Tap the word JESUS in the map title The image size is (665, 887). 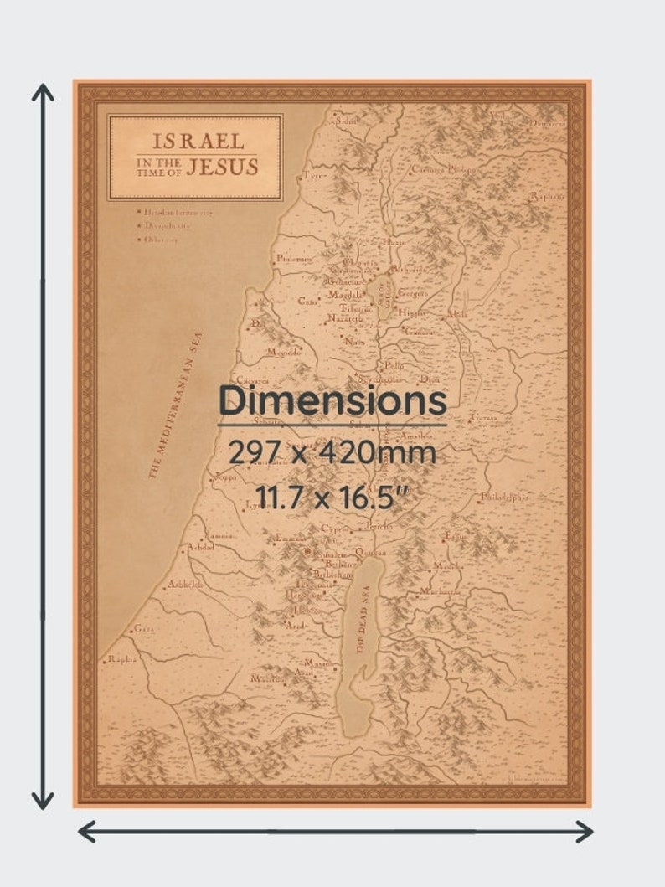(222, 167)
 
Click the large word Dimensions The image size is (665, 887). (332, 401)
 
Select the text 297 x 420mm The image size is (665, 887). (332, 453)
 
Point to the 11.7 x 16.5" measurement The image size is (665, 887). (332, 498)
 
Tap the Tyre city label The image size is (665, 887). (312, 176)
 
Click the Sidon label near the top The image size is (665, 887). (346, 121)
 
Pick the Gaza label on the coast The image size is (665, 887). (144, 627)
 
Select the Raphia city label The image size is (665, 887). (121, 659)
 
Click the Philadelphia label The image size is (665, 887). (504, 497)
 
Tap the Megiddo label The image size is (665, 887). (284, 353)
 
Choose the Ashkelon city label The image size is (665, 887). (184, 585)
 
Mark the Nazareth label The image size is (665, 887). (344, 319)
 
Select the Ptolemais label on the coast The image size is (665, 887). (293, 259)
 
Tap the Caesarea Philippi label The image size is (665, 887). (443, 168)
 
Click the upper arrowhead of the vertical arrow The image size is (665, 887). (43, 90)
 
